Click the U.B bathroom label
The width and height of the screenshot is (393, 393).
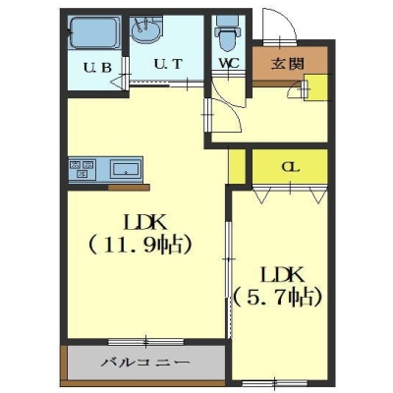point(97,68)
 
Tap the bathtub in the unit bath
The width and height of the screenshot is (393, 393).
point(94,32)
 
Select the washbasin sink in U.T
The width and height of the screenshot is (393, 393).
point(146,30)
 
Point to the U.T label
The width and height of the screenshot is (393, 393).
point(167,64)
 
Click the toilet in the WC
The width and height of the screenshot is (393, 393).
point(227,33)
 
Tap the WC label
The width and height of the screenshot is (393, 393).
point(229,63)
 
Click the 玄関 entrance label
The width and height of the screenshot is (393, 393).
point(288,64)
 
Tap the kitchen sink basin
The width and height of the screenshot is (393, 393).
point(125,169)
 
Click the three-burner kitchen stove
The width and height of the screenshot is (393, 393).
point(82,169)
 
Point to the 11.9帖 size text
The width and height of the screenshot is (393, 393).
point(140,245)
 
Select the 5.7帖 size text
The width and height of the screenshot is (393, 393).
point(278,298)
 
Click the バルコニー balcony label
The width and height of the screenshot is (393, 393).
point(144,363)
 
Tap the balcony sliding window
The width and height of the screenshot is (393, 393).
point(145,342)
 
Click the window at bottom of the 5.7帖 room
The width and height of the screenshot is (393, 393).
point(274,383)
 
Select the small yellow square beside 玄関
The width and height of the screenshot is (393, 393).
point(316,87)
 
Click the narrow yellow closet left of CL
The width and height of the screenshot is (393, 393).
point(237,166)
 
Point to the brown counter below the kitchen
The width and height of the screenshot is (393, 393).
point(129,188)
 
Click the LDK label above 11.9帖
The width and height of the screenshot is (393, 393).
point(145,223)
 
